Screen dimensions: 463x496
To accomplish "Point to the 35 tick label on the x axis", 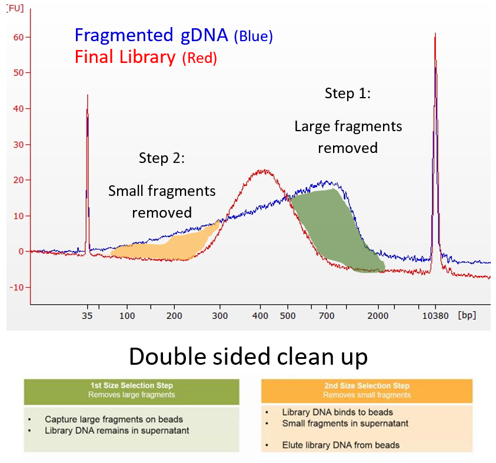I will (x=87, y=315).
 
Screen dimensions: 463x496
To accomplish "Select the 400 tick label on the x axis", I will (x=259, y=315).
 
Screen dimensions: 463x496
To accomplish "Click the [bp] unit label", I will (x=466, y=315).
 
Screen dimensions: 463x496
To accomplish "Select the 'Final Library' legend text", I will (x=125, y=58).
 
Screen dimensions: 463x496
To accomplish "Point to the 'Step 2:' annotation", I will (x=162, y=158).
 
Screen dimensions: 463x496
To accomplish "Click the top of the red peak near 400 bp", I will (x=261, y=171).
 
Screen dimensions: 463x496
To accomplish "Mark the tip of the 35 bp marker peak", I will (x=88, y=95).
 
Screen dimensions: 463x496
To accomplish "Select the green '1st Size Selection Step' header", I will (x=131, y=390).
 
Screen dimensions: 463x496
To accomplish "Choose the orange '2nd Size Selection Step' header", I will (x=367, y=390).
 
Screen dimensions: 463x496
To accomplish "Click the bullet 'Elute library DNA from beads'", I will (x=341, y=445).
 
